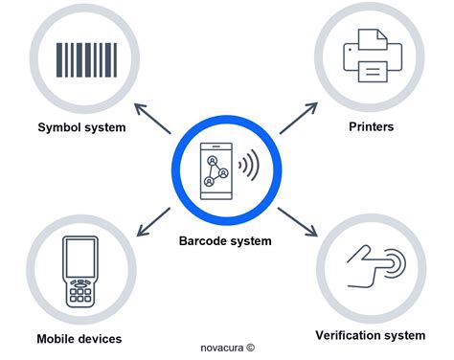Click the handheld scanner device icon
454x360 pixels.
(x=80, y=270)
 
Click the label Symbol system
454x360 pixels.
(x=82, y=127)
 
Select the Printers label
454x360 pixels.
(x=371, y=125)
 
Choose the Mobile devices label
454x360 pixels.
(x=79, y=339)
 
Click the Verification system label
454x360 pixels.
(x=370, y=335)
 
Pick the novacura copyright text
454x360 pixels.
(x=229, y=349)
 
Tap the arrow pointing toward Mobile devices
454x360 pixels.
(x=156, y=222)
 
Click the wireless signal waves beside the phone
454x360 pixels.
(x=248, y=167)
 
